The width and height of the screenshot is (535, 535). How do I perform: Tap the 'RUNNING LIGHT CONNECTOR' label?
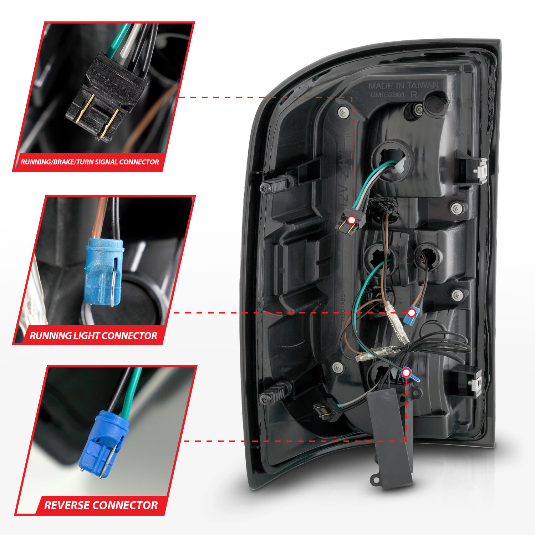[x=93, y=336]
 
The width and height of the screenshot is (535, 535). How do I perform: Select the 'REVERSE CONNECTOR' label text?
[x=101, y=505]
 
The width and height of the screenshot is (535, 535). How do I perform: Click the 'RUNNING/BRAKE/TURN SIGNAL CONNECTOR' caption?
[x=90, y=162]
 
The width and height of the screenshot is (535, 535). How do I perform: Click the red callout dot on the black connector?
[x=352, y=220]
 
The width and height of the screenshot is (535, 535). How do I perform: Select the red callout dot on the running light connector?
[x=412, y=313]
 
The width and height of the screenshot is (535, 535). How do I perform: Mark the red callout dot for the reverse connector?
[x=406, y=373]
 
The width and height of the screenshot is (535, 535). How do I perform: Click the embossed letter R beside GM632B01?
[x=414, y=95]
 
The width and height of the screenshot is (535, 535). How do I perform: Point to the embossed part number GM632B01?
[x=387, y=95]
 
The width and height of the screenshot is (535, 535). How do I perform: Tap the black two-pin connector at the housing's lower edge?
[x=326, y=410]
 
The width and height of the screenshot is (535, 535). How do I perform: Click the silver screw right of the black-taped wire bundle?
[x=457, y=207]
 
